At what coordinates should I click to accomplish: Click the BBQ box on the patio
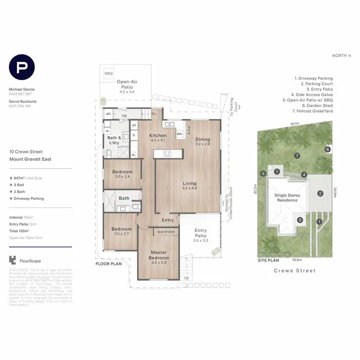[x=108, y=73]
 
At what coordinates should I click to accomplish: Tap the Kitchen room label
[x=157, y=135]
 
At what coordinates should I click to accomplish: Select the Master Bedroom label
[x=158, y=255]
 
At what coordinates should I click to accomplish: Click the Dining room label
[x=203, y=139]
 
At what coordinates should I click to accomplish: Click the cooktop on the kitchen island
[x=168, y=154]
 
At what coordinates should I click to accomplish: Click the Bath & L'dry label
[x=114, y=141]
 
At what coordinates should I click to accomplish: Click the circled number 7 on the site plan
[x=298, y=156]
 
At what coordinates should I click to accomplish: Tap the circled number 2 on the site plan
[x=320, y=193]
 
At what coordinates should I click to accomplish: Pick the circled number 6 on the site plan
[x=327, y=149]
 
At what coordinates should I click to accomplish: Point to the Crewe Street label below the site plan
[x=294, y=271]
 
